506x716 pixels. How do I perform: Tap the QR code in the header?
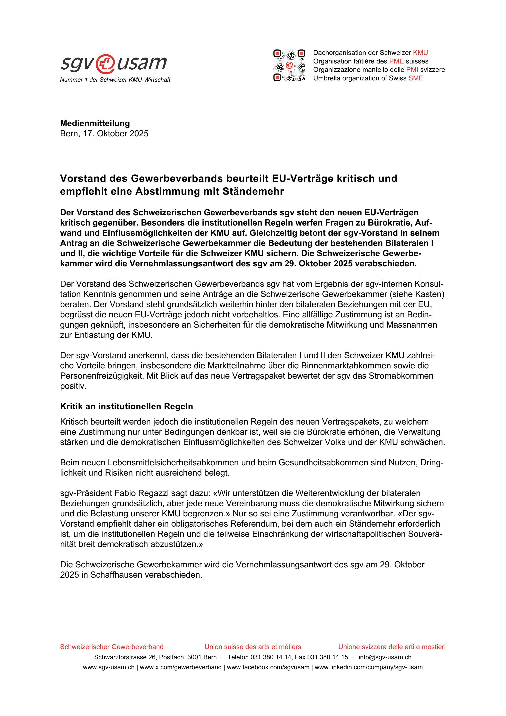click(x=289, y=65)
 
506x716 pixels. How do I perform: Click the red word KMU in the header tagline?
click(x=420, y=53)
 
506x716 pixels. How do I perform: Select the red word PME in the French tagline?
click(x=396, y=61)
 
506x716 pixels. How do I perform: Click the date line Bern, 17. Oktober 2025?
click(x=104, y=133)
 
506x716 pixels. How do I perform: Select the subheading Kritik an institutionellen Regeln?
click(x=126, y=406)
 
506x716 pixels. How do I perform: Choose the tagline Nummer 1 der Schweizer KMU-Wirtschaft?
click(x=115, y=80)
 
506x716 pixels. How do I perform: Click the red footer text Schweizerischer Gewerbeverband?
click(x=112, y=647)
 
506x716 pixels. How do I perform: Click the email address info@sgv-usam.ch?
click(x=385, y=657)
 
